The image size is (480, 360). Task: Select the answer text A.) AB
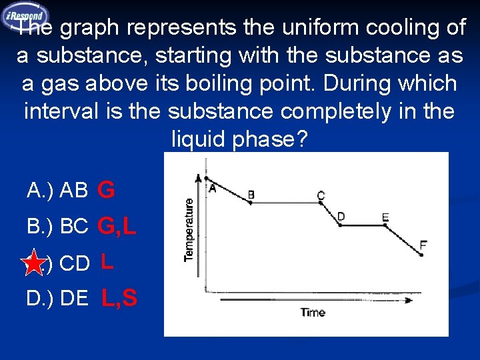[57, 191]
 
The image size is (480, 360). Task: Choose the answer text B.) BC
[58, 227]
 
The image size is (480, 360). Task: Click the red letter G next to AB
[106, 191]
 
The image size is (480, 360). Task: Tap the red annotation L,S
[119, 298]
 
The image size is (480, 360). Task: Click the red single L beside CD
[107, 262]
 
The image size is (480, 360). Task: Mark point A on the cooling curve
[212, 187]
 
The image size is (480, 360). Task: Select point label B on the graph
[251, 194]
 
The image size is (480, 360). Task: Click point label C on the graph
[321, 195]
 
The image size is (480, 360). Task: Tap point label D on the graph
[341, 216]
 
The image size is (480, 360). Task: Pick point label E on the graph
[385, 217]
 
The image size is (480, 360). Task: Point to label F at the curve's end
[423, 244]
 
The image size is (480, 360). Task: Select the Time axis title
[313, 312]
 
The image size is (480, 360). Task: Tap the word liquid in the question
[199, 139]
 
